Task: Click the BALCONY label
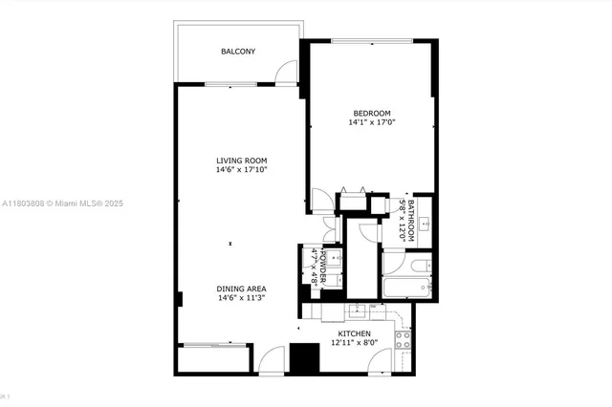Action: (237, 52)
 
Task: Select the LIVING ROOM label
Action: (241, 161)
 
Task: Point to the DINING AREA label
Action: (241, 288)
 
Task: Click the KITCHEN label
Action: (354, 333)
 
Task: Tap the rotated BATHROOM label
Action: (411, 220)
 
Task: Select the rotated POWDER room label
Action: (324, 267)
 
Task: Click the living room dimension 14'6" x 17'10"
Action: (241, 171)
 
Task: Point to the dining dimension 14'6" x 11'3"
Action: (241, 298)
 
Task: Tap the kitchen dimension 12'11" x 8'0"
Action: (354, 344)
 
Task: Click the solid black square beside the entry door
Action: (304, 358)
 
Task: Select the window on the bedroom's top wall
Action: (372, 40)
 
